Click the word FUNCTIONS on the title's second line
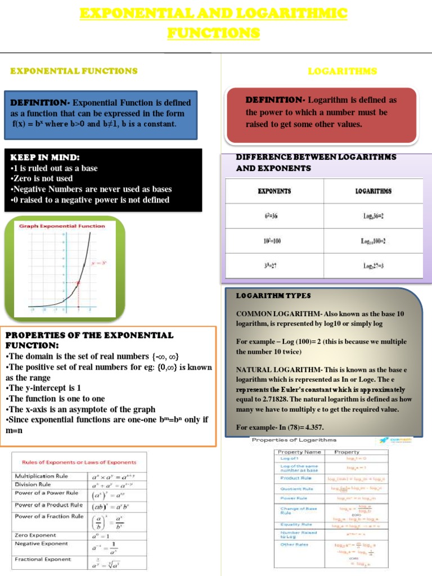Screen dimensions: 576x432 point(214,33)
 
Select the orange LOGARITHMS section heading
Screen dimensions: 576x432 point(343,71)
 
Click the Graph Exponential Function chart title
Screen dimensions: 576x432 point(62,226)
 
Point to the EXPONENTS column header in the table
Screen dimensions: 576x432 point(274,191)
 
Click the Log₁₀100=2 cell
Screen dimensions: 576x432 point(373,241)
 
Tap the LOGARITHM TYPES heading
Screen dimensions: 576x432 point(273,295)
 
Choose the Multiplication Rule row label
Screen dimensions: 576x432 point(41,476)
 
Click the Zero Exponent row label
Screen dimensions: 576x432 point(35,535)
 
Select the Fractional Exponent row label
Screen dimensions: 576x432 point(43,559)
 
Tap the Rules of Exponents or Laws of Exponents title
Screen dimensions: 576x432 point(79,462)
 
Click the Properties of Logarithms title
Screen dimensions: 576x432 point(294,440)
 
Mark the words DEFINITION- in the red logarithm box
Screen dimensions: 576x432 point(275,100)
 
